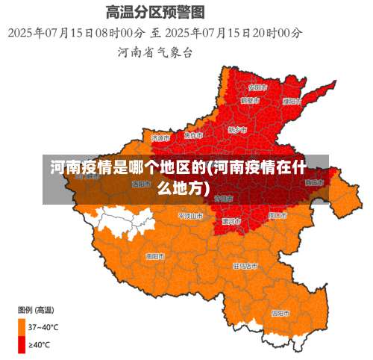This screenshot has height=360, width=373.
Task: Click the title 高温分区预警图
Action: (x=155, y=12)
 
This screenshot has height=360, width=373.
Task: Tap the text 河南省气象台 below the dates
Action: (x=155, y=52)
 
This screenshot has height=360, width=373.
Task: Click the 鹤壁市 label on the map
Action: (x=250, y=100)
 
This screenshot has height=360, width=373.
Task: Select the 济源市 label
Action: (x=160, y=137)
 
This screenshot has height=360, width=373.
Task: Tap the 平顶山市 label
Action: (x=189, y=215)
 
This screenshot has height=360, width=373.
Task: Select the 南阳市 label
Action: (x=155, y=255)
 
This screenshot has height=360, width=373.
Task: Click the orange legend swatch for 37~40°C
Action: (x=22, y=326)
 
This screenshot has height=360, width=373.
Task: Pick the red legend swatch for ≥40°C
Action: (x=22, y=344)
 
